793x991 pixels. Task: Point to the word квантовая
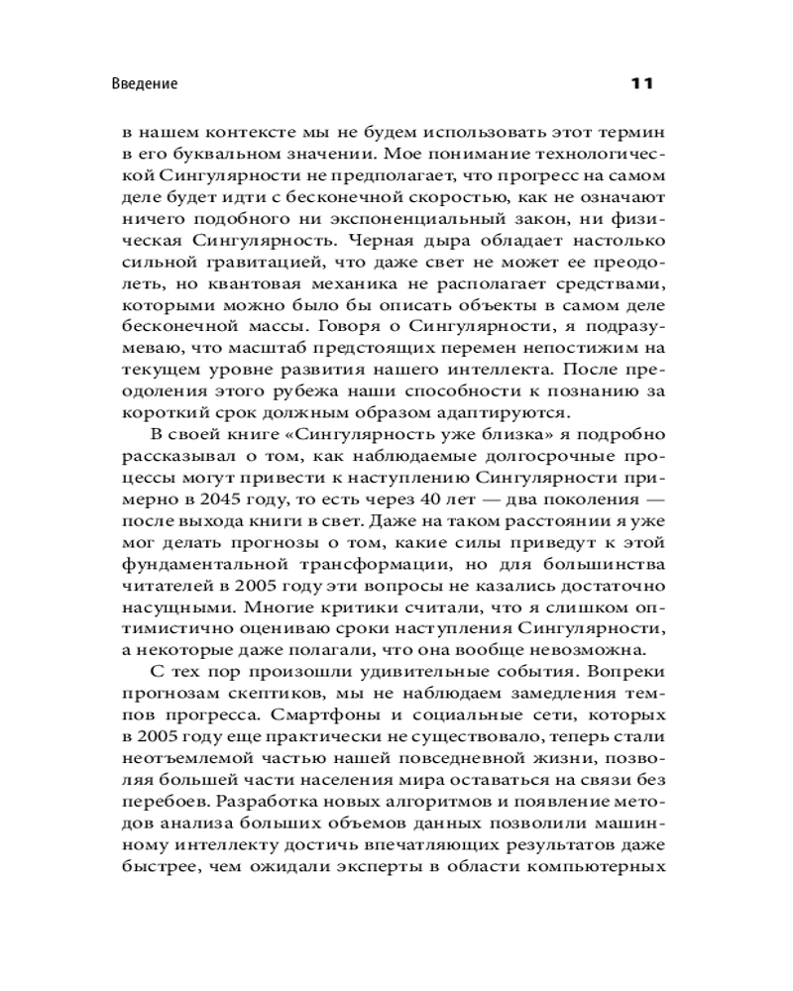click(266, 296)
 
